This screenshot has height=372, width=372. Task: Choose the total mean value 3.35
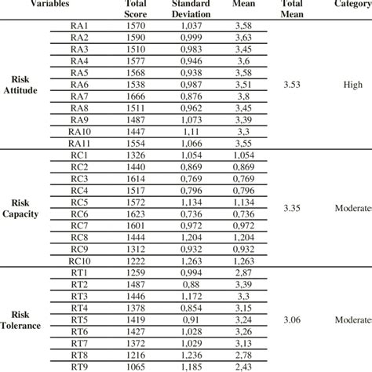[295, 209]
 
